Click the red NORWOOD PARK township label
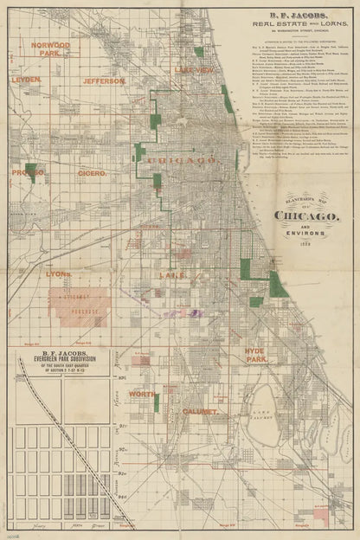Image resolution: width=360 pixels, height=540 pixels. coord(49,49)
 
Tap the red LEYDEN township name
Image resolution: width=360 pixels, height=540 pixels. coord(25,79)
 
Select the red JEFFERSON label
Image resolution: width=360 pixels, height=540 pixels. coord(105,80)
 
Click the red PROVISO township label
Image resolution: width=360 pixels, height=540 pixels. coord(25,173)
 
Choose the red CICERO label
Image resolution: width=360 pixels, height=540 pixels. coord(92,173)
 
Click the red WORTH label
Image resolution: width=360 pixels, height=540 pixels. coord(142,394)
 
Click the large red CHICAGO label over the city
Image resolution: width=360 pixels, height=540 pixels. coord(182,161)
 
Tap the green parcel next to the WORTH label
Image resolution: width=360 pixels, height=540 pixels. coord(157,402)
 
